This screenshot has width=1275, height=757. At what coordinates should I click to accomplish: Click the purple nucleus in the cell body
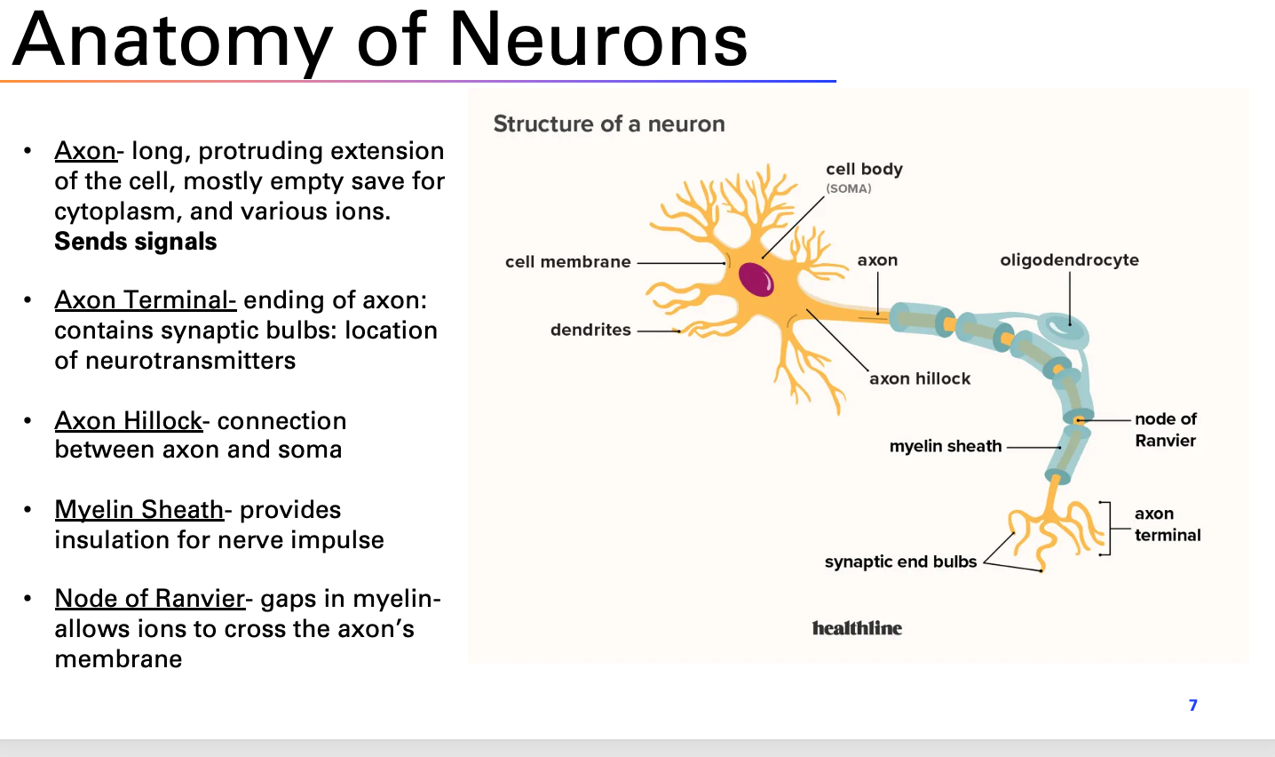(756, 280)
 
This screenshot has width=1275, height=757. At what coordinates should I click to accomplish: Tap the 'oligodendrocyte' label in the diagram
(1069, 260)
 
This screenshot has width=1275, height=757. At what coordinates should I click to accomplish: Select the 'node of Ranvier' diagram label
(1165, 429)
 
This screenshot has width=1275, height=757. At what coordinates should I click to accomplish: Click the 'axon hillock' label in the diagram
(920, 378)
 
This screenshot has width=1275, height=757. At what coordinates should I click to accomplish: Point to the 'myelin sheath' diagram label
(945, 446)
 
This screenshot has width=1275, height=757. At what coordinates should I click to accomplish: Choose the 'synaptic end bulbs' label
(900, 562)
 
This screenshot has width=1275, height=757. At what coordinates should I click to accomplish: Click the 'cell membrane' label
(567, 262)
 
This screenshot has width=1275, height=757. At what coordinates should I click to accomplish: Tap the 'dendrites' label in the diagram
(590, 330)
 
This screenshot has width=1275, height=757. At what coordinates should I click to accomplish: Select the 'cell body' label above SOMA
(864, 169)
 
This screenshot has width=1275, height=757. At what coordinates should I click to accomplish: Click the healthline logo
(857, 628)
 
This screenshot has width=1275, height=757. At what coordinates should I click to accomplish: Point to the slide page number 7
(1192, 705)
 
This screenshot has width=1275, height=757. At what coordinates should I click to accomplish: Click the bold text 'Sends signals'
(136, 242)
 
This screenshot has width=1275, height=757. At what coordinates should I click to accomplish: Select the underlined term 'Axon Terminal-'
(145, 300)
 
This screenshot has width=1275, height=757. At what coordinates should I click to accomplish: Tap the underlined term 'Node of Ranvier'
(149, 599)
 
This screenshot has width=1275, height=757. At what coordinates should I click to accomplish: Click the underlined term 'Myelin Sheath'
(139, 510)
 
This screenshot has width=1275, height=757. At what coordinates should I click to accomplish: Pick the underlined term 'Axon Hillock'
(128, 421)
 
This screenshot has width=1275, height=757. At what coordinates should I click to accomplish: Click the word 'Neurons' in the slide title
(598, 40)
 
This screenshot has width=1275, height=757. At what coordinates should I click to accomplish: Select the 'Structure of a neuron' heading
(609, 124)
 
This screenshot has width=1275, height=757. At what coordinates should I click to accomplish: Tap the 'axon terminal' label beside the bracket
(1167, 524)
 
